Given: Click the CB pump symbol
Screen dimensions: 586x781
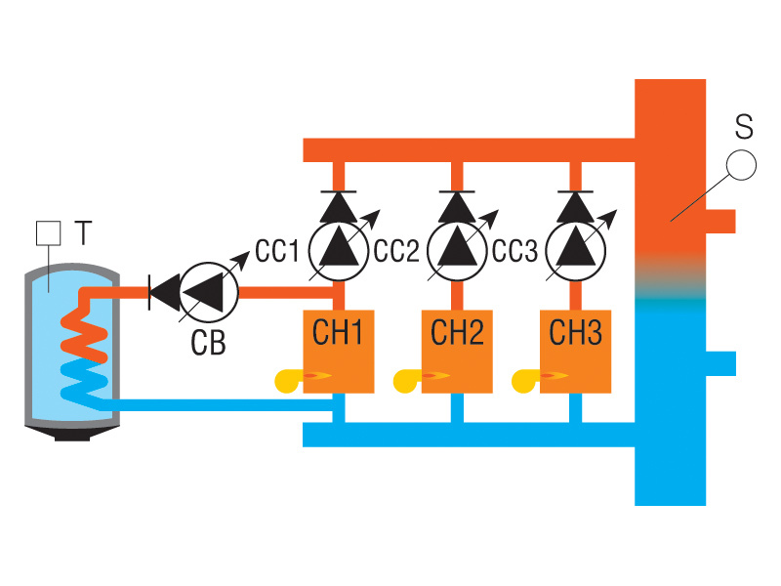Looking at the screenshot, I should pos(211,291).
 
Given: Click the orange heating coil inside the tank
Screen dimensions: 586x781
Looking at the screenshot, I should pos(84,332).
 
